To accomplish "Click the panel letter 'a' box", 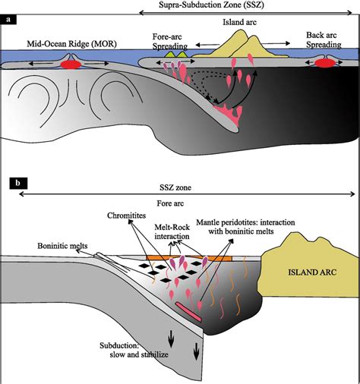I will point(10,20).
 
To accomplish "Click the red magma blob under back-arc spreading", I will point(326,65).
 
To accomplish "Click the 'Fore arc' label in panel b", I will point(181,203).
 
